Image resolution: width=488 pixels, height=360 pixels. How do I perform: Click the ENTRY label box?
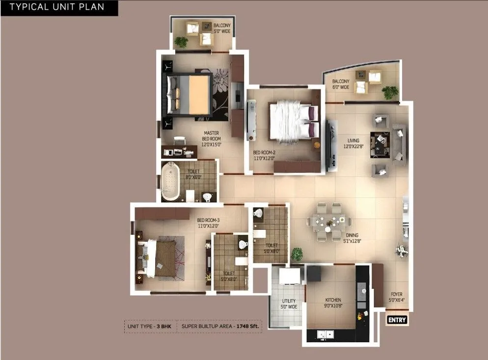pos(397,320)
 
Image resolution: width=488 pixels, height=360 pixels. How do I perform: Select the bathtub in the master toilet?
pos(171,181)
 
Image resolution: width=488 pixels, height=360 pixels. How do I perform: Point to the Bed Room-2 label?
pos(264,156)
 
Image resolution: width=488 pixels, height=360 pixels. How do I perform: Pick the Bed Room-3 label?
pos(208,223)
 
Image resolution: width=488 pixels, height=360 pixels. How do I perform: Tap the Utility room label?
pos(289,304)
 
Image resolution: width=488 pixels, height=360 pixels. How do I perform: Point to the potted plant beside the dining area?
pos(297,254)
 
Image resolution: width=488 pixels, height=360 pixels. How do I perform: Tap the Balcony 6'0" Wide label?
pos(340,84)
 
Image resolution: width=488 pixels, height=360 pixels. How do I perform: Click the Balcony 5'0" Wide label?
pos(221,28)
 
